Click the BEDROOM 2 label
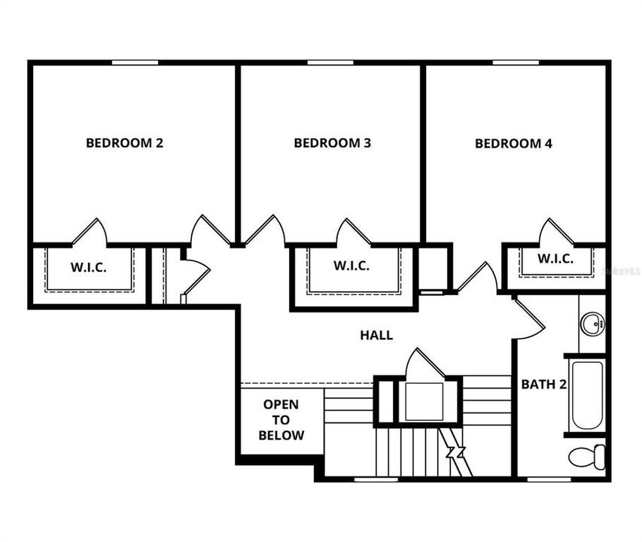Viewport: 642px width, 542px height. [x=124, y=143]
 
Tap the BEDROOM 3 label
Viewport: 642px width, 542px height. [x=332, y=143]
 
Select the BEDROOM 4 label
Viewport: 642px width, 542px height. [x=513, y=143]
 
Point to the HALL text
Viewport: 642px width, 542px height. [x=376, y=336]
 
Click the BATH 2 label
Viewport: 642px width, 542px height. [x=543, y=384]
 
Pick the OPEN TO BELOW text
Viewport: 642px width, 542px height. [x=281, y=420]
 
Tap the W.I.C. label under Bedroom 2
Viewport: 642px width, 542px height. [x=89, y=266]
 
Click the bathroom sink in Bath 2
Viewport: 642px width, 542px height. [x=592, y=324]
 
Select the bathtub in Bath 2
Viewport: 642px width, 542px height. [x=587, y=395]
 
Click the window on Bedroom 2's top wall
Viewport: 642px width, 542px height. [x=135, y=62]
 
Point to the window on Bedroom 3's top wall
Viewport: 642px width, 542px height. [x=329, y=62]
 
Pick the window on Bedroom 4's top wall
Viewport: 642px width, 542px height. [x=515, y=62]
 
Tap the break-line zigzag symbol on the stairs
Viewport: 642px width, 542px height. [x=455, y=453]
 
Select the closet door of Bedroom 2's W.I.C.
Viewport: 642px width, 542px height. [x=91, y=233]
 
